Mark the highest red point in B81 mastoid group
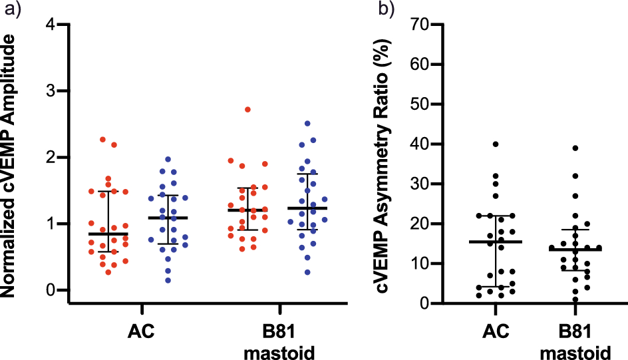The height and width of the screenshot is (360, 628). coord(247,109)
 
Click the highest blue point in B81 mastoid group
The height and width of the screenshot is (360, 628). coord(307,124)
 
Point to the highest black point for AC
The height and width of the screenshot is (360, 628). coord(496,144)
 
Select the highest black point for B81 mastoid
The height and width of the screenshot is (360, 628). coord(575,148)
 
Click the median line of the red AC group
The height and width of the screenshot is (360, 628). coord(108,234)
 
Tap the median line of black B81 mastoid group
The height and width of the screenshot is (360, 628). coord(575,250)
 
